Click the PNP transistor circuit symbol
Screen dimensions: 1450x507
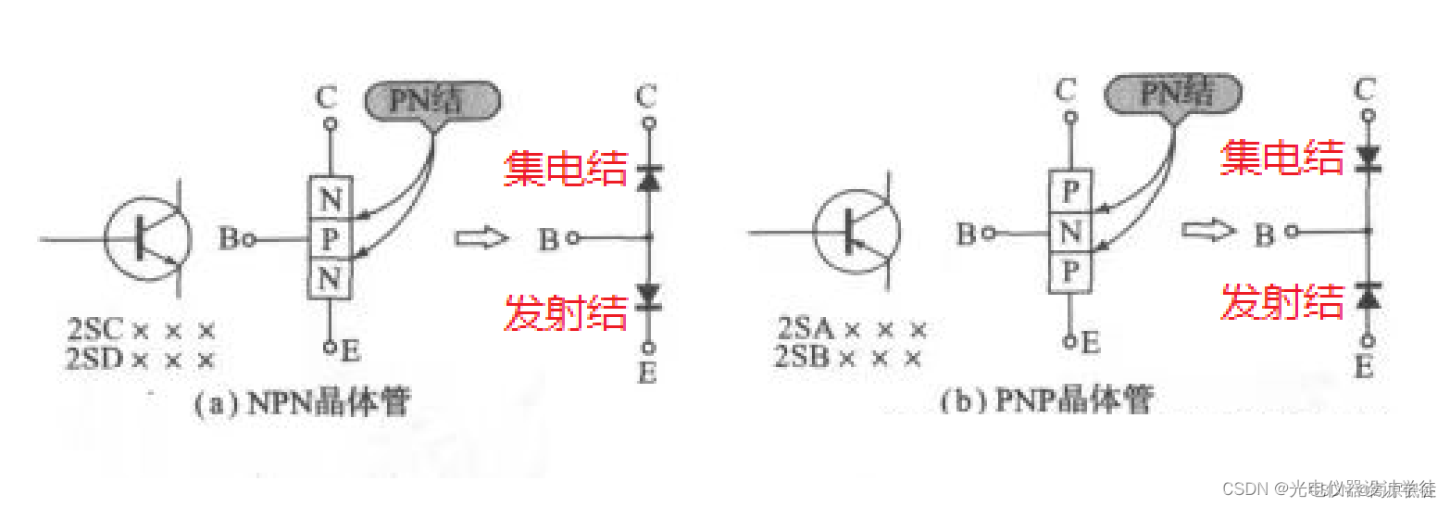(857, 233)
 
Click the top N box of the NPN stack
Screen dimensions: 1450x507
(330, 197)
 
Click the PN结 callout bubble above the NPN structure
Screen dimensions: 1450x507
(431, 99)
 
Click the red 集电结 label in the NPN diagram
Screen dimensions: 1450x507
(565, 170)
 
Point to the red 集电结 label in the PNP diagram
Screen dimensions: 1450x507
(1282, 158)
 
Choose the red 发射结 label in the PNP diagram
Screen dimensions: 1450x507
(1282, 301)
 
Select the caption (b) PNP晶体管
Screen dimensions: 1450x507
(1046, 401)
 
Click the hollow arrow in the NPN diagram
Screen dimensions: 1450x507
(481, 238)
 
